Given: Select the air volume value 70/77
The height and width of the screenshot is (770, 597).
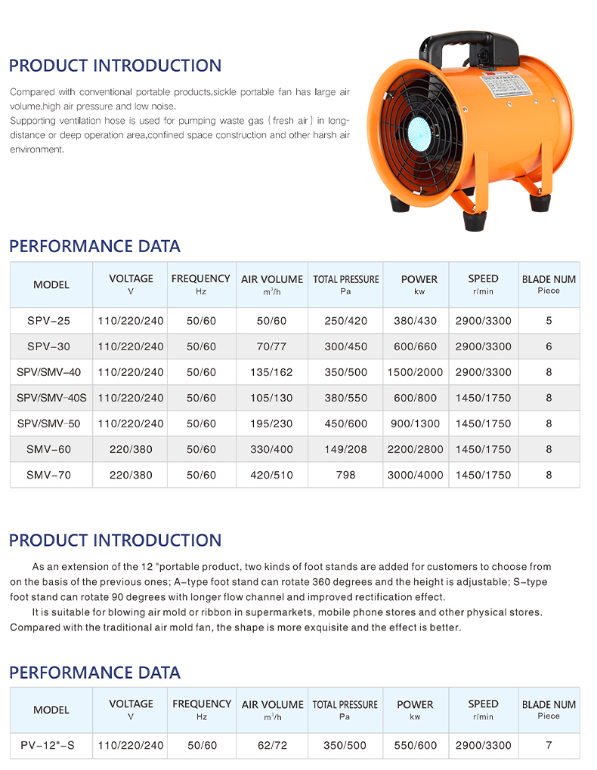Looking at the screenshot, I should (x=271, y=346).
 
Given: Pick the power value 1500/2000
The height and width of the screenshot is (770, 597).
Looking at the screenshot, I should (x=415, y=372).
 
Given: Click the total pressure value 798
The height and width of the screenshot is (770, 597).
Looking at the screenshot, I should (x=345, y=475).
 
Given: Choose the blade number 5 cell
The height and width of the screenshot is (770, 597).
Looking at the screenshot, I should (x=549, y=321).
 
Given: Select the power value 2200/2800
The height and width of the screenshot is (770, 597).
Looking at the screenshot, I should (x=415, y=449).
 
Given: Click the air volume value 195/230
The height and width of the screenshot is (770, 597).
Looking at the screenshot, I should (x=271, y=423).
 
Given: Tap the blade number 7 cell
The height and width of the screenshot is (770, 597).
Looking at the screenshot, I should (x=549, y=745).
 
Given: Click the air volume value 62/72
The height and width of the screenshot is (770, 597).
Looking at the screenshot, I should (x=272, y=745).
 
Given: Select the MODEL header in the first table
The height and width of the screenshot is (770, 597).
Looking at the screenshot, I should (x=51, y=285).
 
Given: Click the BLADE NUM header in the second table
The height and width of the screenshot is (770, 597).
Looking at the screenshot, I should (x=549, y=709).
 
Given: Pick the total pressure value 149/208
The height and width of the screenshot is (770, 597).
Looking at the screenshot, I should (x=345, y=449).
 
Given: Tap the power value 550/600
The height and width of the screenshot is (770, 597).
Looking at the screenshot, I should (x=415, y=745).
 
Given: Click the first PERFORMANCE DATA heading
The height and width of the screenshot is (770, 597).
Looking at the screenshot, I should (x=94, y=246).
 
